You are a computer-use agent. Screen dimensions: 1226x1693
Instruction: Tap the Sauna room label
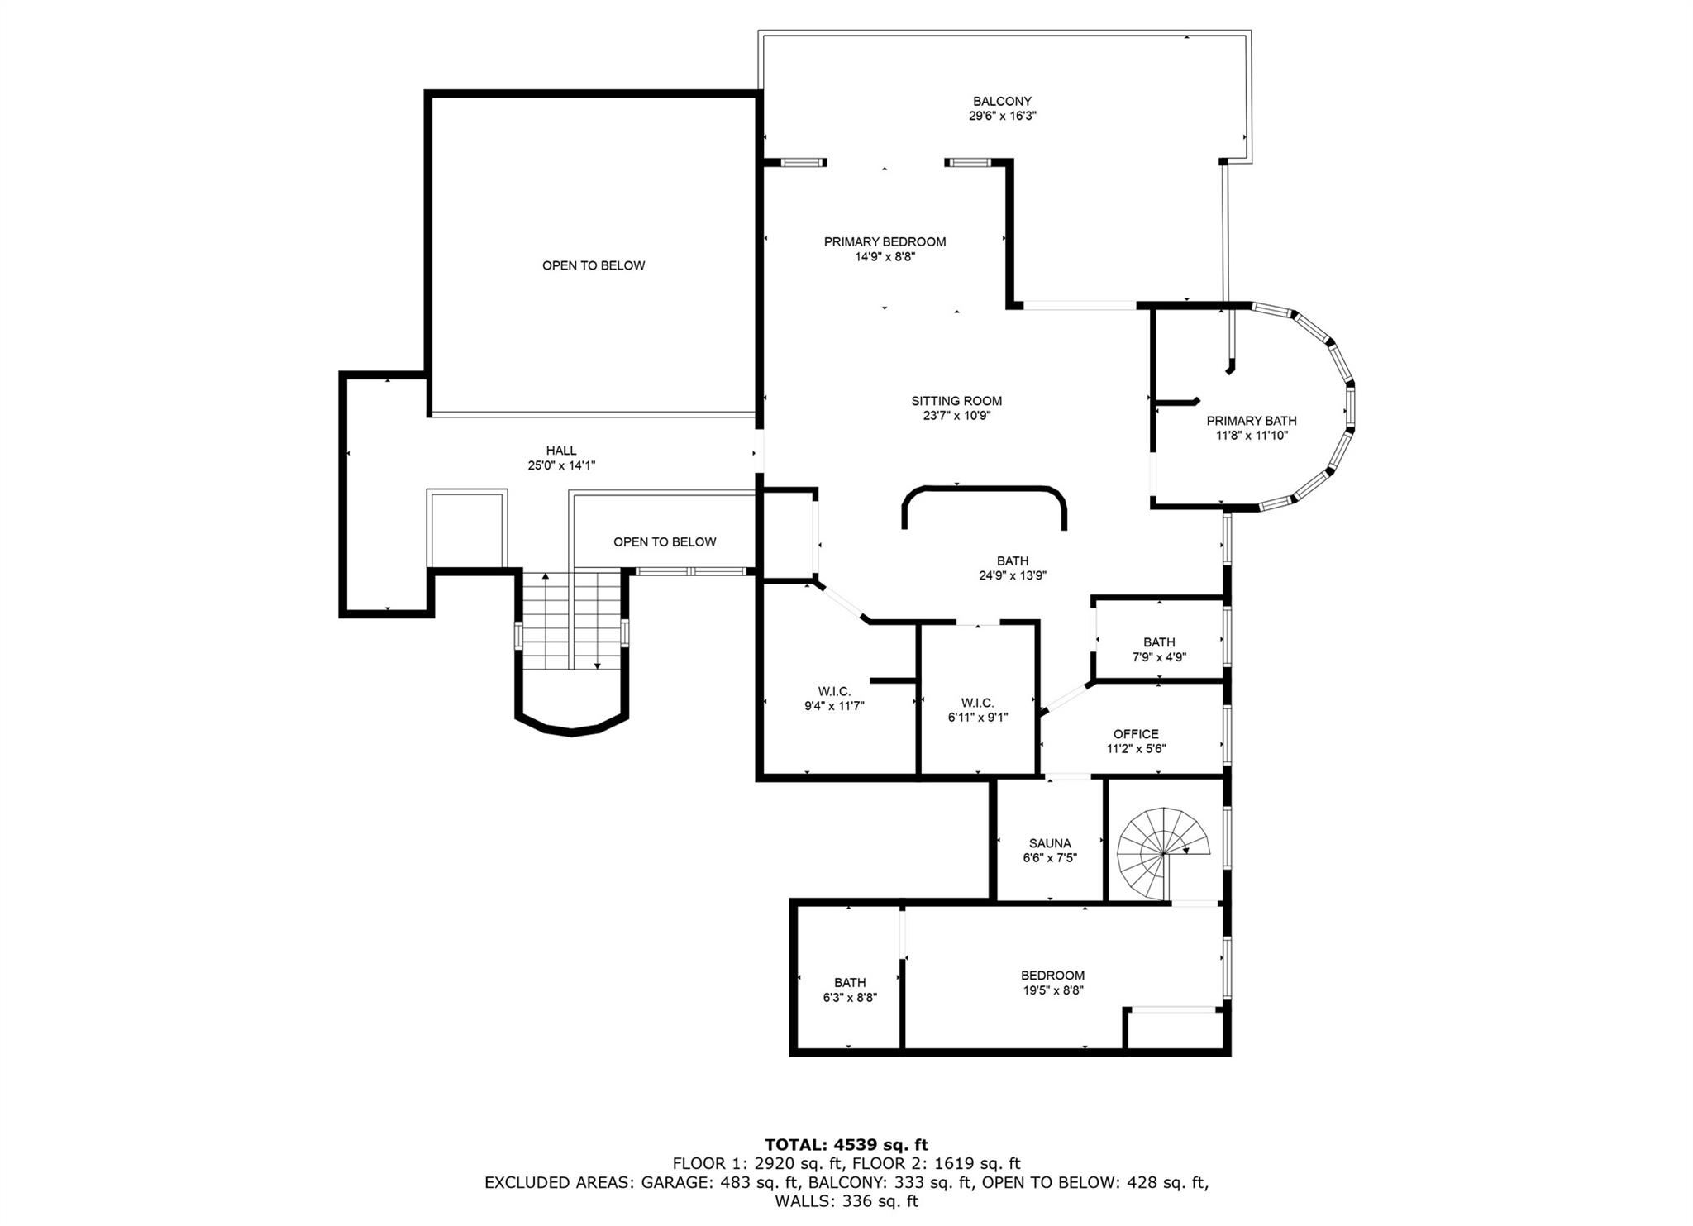(x=1050, y=843)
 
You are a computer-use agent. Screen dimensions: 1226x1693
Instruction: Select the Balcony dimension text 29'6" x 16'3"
(x=1002, y=117)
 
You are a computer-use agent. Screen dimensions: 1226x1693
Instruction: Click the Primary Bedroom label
(x=885, y=242)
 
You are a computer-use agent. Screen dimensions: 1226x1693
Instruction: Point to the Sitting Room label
(x=956, y=401)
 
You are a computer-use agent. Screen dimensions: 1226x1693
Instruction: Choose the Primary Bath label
(x=1251, y=421)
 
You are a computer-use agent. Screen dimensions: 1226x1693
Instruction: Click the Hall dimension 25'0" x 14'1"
(x=561, y=465)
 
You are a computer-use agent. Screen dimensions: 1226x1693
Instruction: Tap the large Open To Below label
(x=594, y=265)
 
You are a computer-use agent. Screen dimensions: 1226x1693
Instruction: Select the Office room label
(x=1136, y=734)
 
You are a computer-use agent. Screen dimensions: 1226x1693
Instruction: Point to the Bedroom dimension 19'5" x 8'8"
(x=1052, y=990)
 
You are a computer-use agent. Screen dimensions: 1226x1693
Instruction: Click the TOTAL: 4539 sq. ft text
(x=846, y=1145)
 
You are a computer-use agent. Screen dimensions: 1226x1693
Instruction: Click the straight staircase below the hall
(x=570, y=620)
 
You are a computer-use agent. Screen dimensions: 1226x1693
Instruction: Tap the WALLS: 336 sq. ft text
(x=846, y=1201)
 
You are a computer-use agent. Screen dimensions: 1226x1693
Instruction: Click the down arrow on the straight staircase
(x=597, y=665)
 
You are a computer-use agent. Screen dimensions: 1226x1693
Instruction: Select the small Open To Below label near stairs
(x=665, y=542)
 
